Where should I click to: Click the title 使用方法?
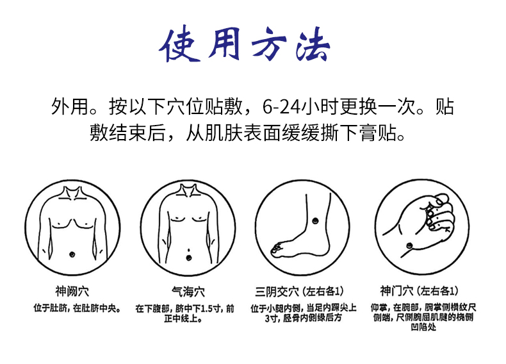coord(244,44)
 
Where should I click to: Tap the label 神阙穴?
coord(72,292)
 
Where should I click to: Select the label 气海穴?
coord(188,292)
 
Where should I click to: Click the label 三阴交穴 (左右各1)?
coord(300,292)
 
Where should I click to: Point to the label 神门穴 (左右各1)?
coord(419,291)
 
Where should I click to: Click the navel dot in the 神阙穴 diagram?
coord(72,254)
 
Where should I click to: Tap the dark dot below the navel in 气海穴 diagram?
coord(188,258)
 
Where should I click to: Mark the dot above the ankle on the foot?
coord(315,221)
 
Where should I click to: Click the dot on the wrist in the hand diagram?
coord(409,245)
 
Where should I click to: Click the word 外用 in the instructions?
coord(69,107)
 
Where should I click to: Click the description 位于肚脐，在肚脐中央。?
coord(78,308)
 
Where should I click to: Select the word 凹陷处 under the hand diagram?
coord(423,327)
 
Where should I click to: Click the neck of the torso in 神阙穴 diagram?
coord(72,193)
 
